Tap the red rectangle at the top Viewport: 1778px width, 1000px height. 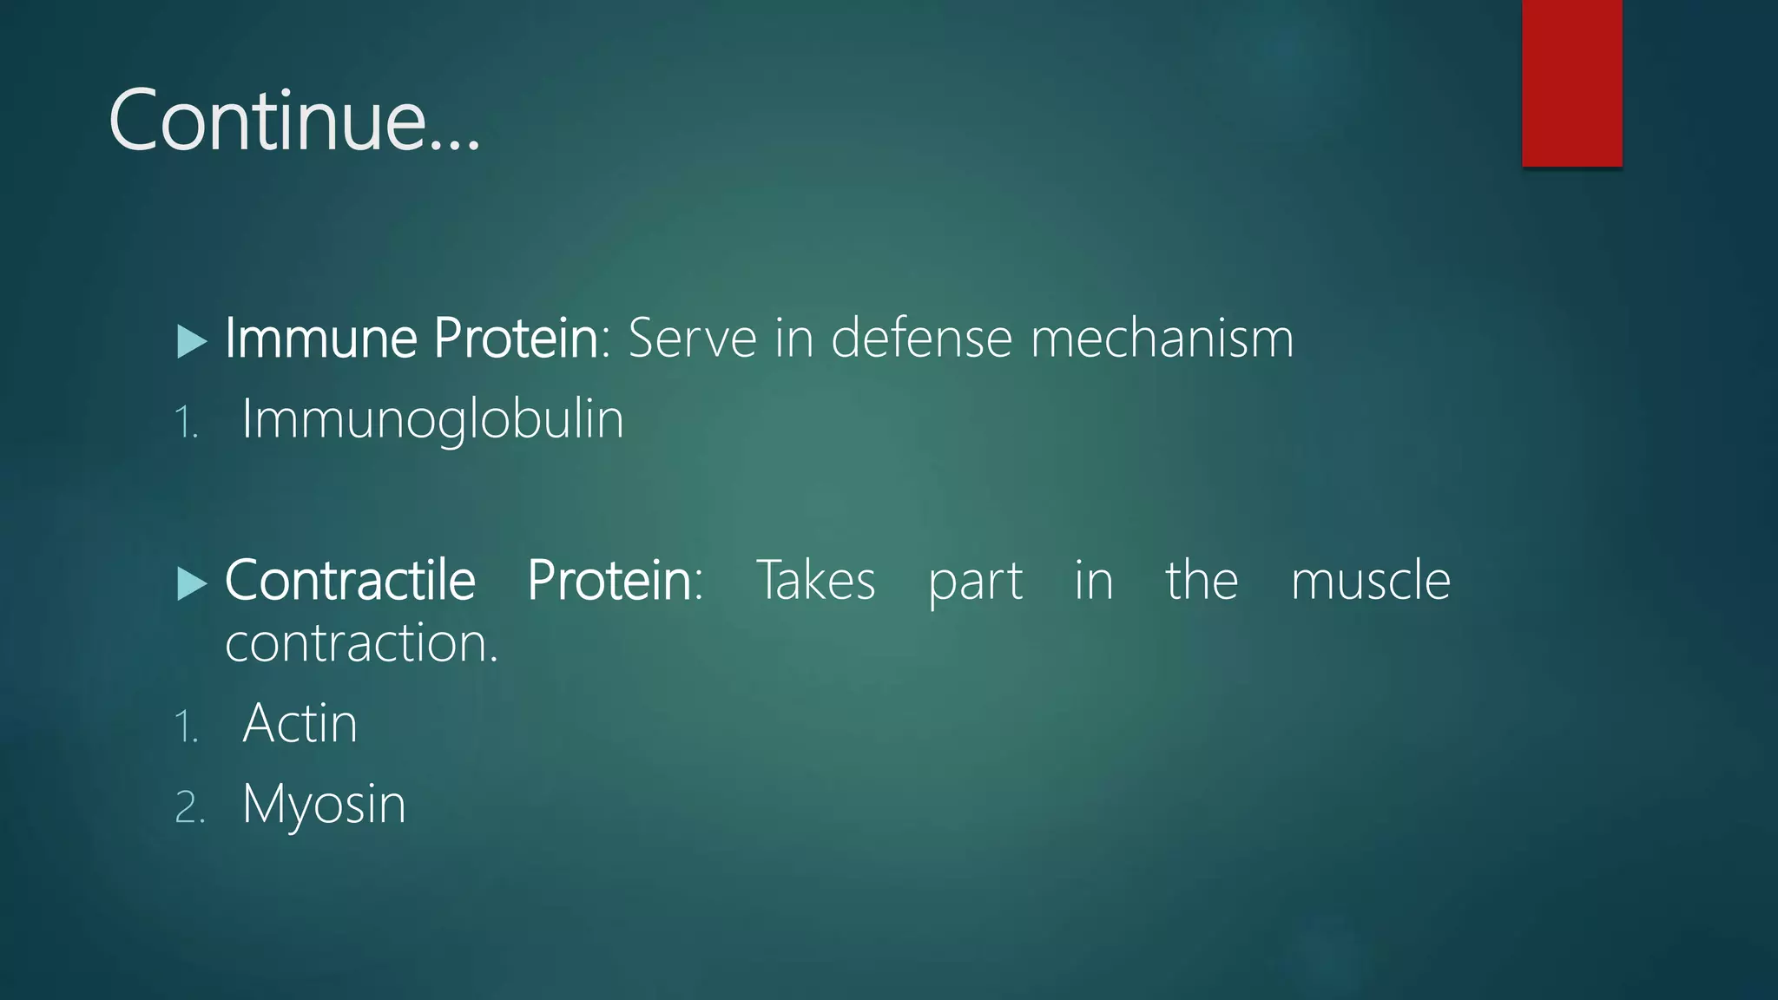(1571, 82)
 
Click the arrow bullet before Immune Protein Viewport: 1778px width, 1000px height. (191, 341)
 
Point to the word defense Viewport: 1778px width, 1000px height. (921, 338)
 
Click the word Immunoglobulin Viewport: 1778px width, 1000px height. (432, 419)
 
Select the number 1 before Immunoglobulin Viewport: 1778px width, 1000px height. (186, 424)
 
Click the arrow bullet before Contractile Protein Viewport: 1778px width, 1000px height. (191, 583)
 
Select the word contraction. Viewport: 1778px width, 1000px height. (360, 643)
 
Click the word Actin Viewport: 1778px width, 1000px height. (300, 723)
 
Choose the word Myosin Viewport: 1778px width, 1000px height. (324, 805)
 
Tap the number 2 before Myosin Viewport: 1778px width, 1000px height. (188, 808)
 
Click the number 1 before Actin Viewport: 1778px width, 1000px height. (186, 727)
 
